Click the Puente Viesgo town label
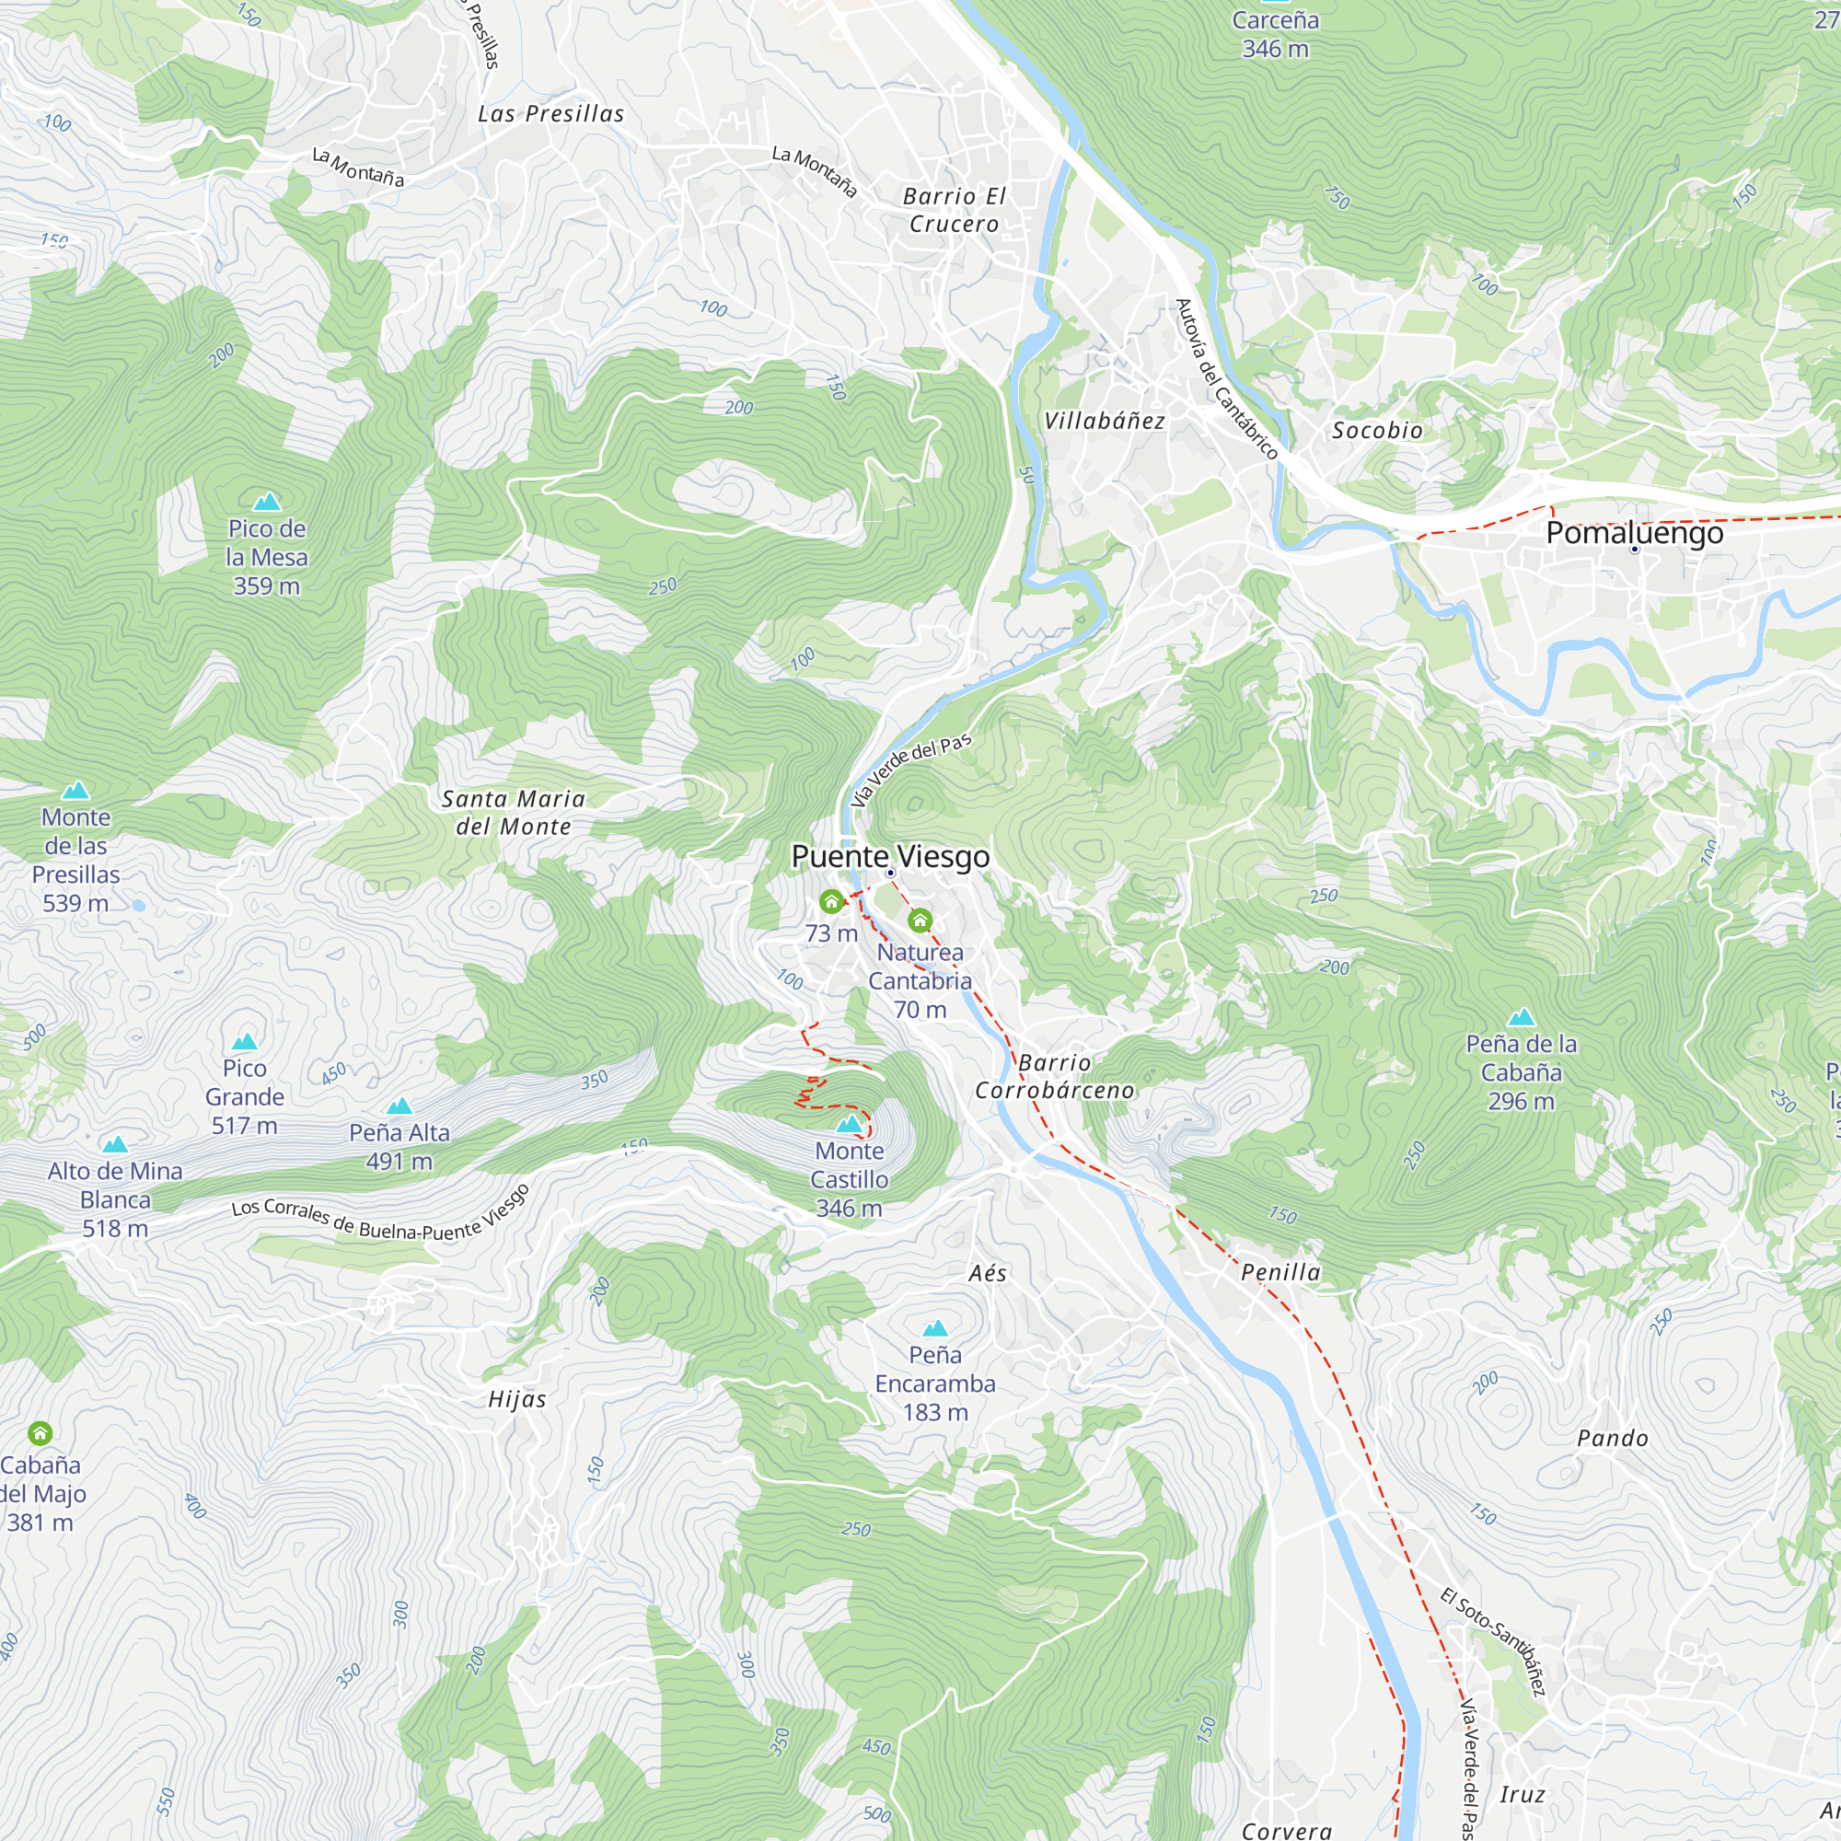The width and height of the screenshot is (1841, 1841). (x=890, y=856)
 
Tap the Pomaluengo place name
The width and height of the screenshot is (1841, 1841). (x=1634, y=533)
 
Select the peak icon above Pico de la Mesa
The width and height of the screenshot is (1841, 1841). (x=267, y=502)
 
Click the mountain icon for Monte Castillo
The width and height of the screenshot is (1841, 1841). (x=849, y=1125)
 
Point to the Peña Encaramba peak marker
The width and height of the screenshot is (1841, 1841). (x=935, y=1328)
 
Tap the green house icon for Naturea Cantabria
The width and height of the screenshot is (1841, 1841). (x=920, y=920)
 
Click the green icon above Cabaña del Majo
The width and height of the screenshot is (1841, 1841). (x=40, y=1432)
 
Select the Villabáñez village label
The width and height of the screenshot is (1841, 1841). (x=1105, y=422)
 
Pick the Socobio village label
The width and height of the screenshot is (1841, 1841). (x=1377, y=431)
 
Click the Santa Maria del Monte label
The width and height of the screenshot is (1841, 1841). (x=513, y=813)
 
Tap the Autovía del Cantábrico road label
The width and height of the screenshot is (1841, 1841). (x=1225, y=379)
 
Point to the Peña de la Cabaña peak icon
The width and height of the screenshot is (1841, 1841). (x=1521, y=1018)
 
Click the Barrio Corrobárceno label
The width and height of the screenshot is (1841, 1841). (x=1054, y=1076)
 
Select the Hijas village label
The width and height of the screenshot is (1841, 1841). (x=516, y=1400)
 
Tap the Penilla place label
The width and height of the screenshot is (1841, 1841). (x=1280, y=1272)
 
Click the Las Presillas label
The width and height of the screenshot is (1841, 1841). (x=550, y=114)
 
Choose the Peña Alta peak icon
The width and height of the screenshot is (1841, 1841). (x=399, y=1106)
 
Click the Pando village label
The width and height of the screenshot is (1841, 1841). (x=1613, y=1439)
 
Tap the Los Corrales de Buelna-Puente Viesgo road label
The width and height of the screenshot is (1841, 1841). (x=380, y=1215)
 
